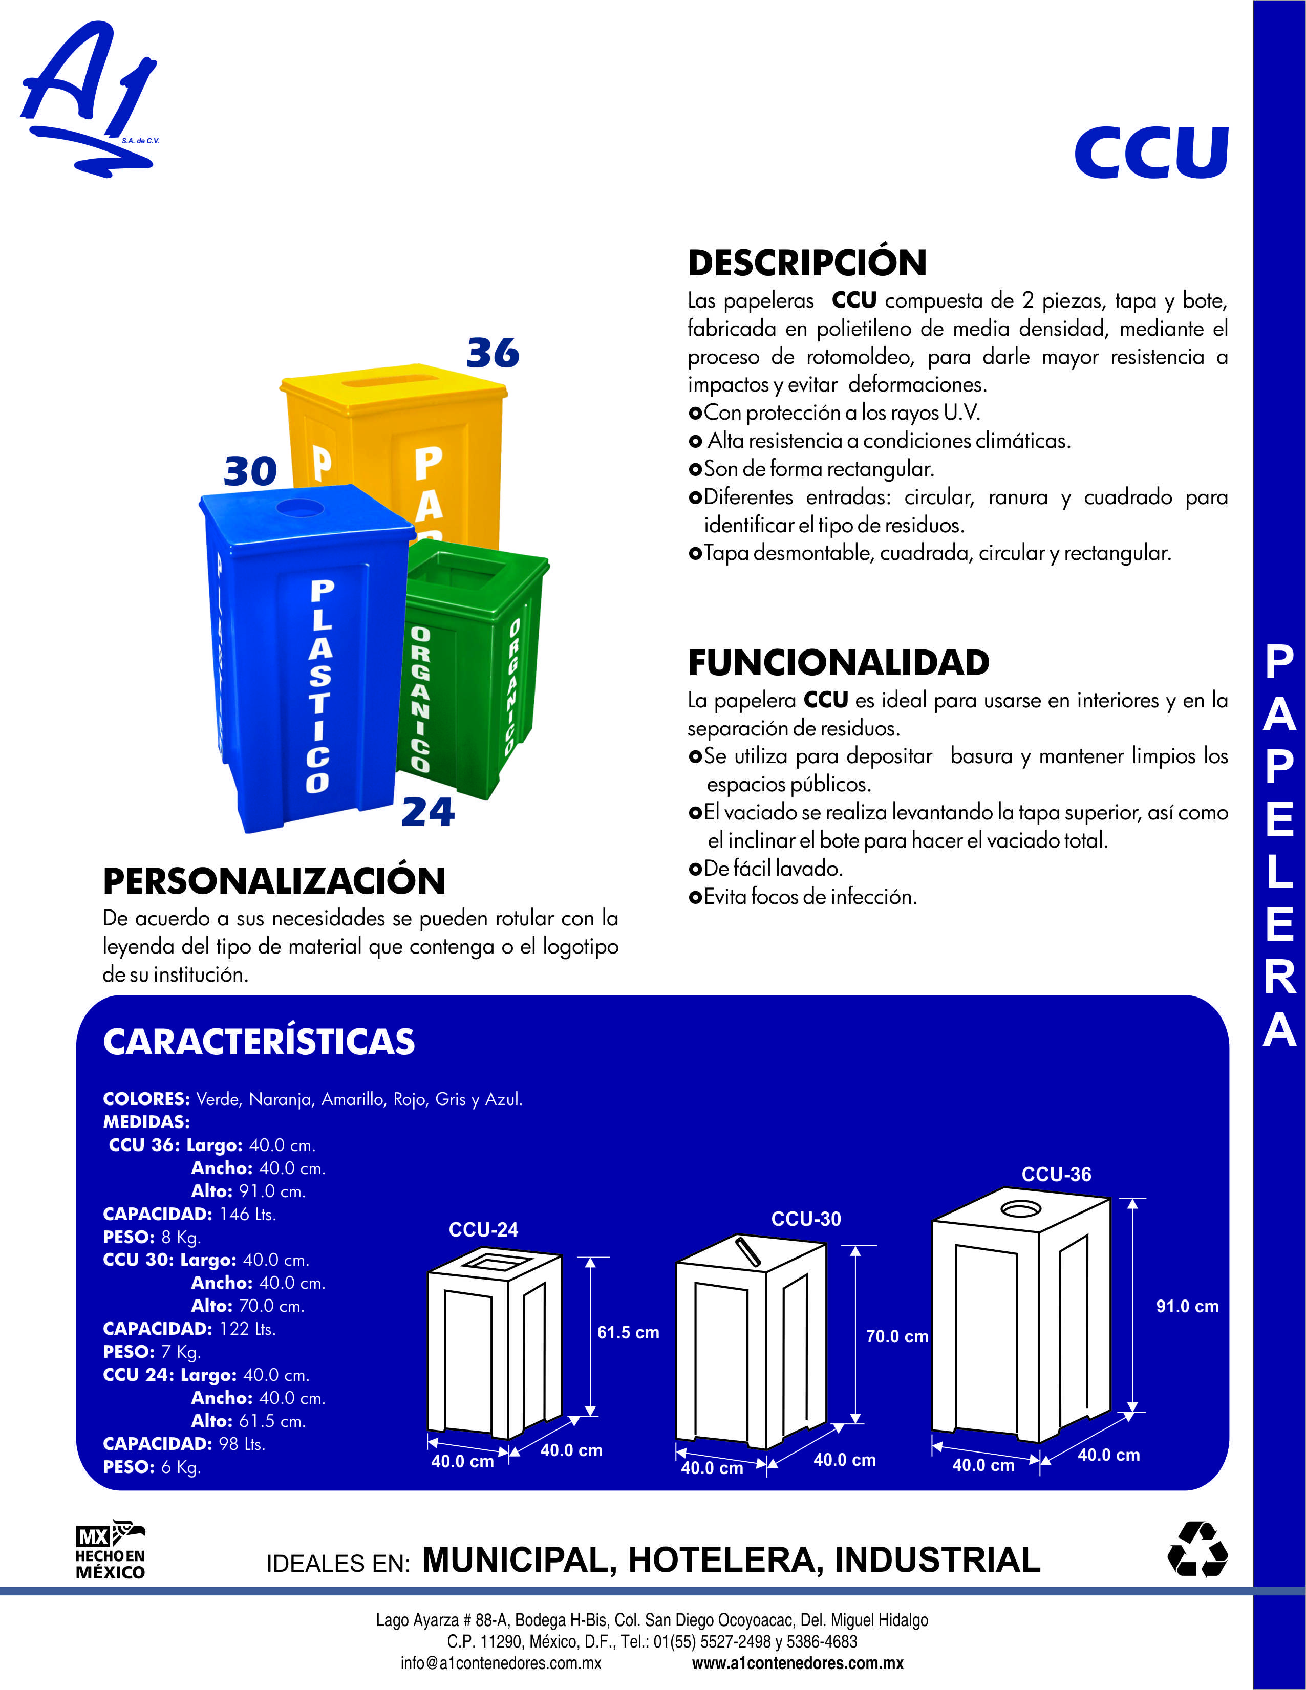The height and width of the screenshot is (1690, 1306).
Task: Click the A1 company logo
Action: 90,97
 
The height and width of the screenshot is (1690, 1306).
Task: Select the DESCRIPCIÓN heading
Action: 807,263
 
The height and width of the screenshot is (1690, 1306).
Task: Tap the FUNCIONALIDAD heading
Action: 839,662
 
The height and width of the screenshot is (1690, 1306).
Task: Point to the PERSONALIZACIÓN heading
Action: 274,881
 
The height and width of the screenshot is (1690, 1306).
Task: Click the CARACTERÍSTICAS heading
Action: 259,1042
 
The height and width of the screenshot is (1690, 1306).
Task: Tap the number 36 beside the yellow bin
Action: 493,354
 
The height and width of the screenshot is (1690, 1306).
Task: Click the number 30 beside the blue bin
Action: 250,471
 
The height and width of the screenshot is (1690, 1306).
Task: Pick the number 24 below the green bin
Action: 427,813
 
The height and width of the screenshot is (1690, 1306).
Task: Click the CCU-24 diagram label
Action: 483,1229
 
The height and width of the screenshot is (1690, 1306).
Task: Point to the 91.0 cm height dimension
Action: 1187,1306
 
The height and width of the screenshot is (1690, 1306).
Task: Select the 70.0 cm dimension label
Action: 896,1336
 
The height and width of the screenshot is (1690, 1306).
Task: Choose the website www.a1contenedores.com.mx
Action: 798,1663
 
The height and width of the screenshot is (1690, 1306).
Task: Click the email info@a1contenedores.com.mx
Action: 500,1663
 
